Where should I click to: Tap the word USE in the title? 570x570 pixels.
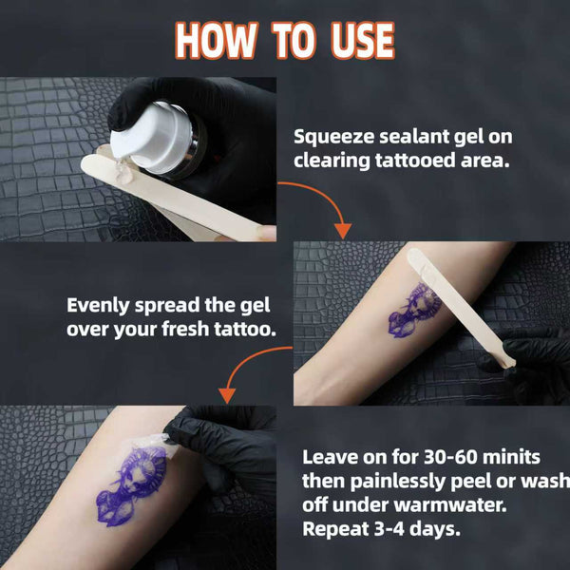363,40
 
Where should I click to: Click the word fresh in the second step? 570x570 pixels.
185,329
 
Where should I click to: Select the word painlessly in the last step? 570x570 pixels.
398,482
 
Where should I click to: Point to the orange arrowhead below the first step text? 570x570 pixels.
342,231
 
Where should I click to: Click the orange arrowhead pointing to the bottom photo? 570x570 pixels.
227,395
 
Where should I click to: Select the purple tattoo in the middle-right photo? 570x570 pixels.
415,310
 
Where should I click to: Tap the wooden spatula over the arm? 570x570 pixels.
461,307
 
